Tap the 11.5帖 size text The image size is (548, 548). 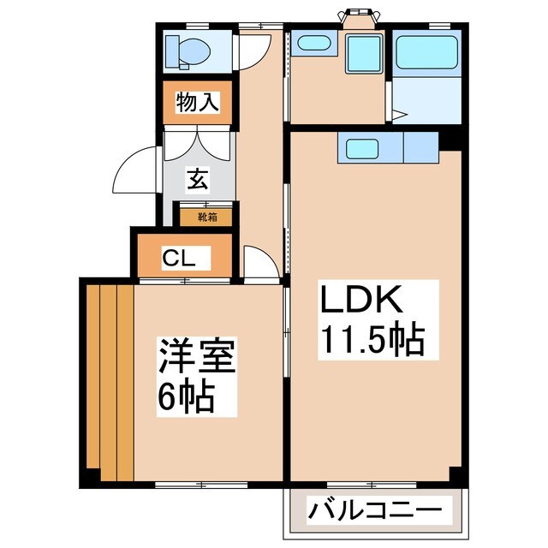372,341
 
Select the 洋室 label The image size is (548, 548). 196,358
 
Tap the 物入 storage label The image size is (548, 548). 198,104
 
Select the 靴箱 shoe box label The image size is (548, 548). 208,217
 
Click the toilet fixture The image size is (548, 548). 188,50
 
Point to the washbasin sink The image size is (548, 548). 314,43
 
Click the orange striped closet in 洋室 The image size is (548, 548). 109,381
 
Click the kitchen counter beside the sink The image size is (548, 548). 420,147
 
